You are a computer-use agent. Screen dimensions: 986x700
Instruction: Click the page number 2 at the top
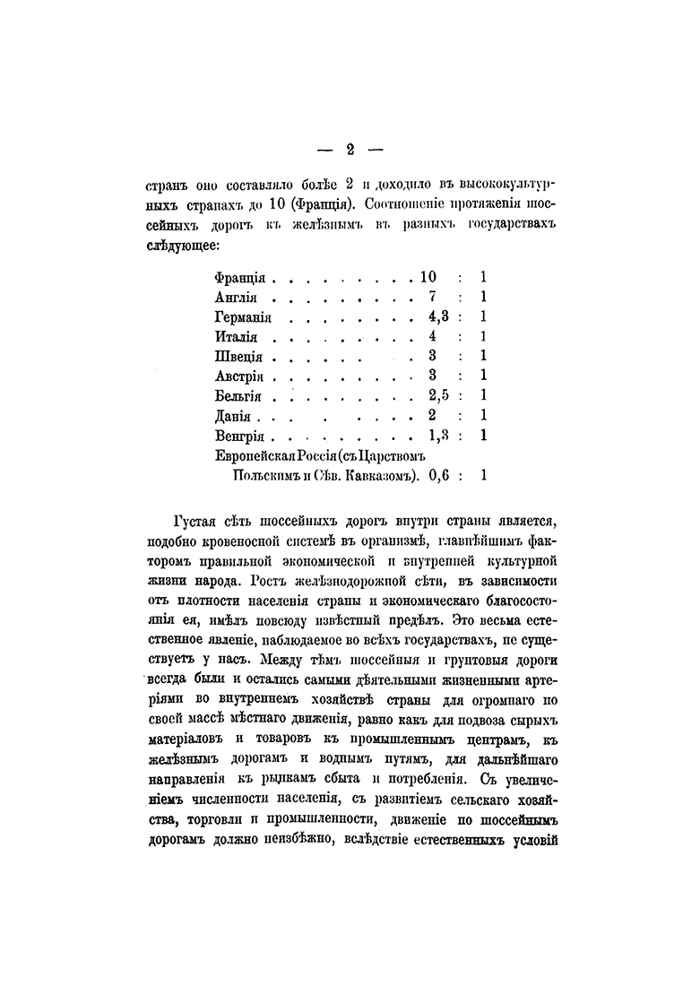350,150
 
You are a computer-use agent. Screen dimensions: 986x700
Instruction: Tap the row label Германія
243,317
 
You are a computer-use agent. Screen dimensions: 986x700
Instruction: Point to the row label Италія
237,338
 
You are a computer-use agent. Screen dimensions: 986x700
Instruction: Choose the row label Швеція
238,357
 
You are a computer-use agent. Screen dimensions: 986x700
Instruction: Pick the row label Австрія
240,376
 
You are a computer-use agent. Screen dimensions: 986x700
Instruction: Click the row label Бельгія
238,397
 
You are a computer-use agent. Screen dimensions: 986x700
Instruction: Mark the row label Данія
234,417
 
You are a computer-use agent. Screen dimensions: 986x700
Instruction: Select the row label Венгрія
239,437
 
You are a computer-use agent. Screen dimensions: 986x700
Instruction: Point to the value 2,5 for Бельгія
438,396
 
